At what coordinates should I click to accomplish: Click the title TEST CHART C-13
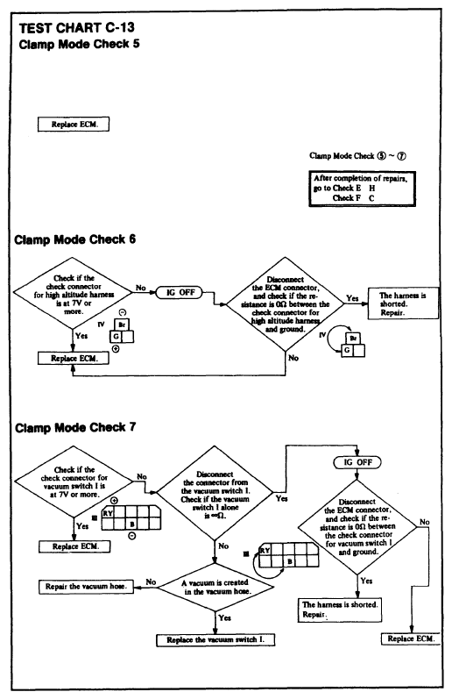pos(76,28)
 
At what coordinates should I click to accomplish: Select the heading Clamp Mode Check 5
pos(79,44)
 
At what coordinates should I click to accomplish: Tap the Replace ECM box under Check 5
pos(74,125)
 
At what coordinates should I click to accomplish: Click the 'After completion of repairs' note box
pos(362,189)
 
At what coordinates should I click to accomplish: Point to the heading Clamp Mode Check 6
pos(74,239)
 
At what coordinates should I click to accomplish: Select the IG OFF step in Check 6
pos(180,292)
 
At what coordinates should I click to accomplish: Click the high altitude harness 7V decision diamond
pos(74,294)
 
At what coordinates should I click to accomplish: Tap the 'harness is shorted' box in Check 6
pos(403,303)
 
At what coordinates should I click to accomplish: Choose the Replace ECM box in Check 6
pos(73,359)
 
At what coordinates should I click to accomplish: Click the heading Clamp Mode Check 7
pos(75,427)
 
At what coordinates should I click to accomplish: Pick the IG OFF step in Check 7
pos(357,462)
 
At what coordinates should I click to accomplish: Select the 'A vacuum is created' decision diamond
pos(215,587)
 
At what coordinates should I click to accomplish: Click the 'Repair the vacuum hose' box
pos(86,587)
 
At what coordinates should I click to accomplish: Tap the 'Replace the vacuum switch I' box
pos(215,639)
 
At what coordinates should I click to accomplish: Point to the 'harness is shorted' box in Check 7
pos(340,610)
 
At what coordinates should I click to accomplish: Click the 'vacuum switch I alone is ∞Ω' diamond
pos(215,494)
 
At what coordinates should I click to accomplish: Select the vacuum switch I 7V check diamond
pos(74,481)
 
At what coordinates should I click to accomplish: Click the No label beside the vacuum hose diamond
pos(151,581)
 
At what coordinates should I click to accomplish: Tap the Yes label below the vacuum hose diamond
pos(225,617)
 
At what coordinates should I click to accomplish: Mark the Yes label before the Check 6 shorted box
pos(352,298)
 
